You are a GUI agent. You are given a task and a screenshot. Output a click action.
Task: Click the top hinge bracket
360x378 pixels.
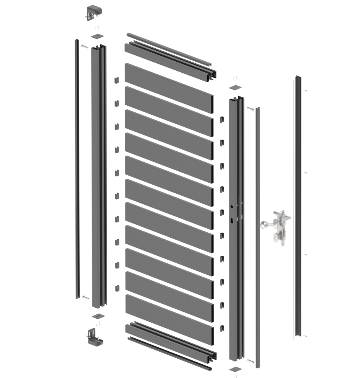(x=94, y=12)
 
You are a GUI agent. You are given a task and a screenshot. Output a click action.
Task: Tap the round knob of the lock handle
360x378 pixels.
(x=263, y=225)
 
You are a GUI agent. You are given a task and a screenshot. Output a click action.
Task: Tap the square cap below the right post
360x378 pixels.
(x=235, y=368)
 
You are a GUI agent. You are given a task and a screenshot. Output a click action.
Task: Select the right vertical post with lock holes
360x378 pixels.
(x=235, y=228)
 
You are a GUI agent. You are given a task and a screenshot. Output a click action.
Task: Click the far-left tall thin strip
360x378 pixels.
(x=77, y=169)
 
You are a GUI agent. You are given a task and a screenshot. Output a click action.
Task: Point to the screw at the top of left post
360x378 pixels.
(x=84, y=47)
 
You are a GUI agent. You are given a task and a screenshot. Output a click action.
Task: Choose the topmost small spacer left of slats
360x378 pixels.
(x=116, y=80)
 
